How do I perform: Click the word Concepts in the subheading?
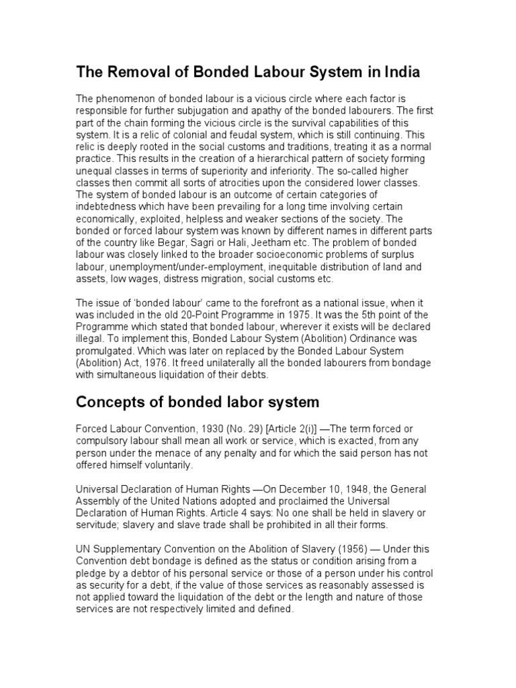tap(106, 402)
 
